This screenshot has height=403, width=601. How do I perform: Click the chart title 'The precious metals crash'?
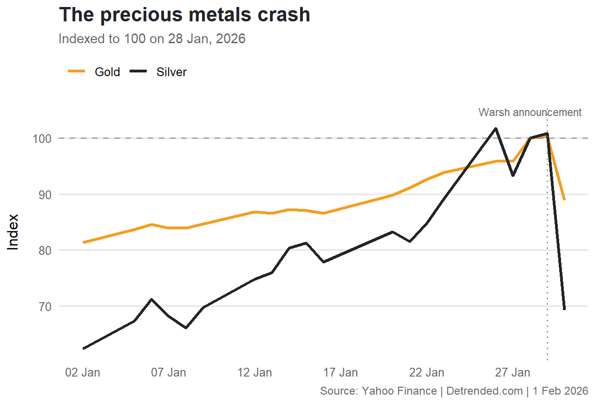point(184,15)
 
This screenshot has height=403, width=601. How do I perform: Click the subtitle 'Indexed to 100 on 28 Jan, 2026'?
point(152,39)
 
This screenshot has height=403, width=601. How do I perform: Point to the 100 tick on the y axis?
point(43,138)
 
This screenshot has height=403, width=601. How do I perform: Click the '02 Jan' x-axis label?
point(83,373)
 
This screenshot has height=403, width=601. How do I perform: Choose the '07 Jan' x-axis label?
point(169,373)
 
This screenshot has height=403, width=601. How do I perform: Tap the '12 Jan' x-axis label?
point(255,373)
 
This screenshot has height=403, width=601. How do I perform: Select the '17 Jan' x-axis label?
point(340,373)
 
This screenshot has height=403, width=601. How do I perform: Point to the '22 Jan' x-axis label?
point(426,373)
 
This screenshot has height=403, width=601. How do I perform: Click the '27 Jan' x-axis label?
point(512,373)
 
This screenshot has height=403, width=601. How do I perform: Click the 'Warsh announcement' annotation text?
point(530,112)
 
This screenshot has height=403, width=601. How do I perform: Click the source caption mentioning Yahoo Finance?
point(454,391)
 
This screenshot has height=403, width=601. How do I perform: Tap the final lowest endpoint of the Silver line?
point(564,309)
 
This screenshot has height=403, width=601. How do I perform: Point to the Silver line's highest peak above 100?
point(496,129)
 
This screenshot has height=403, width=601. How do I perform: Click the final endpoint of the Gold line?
point(564,200)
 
